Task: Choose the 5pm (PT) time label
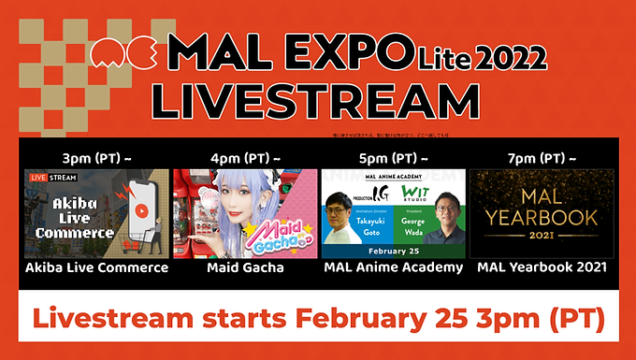(x=392, y=157)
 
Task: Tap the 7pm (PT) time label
(x=541, y=157)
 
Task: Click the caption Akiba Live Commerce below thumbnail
(x=94, y=269)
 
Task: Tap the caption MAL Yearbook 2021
(x=541, y=269)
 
